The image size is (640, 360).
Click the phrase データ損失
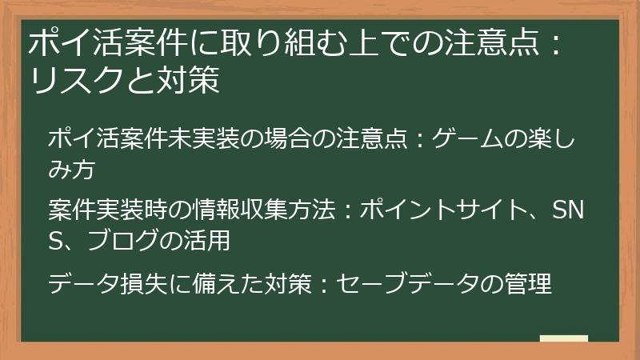(101, 283)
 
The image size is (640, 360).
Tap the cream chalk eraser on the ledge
(563, 338)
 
